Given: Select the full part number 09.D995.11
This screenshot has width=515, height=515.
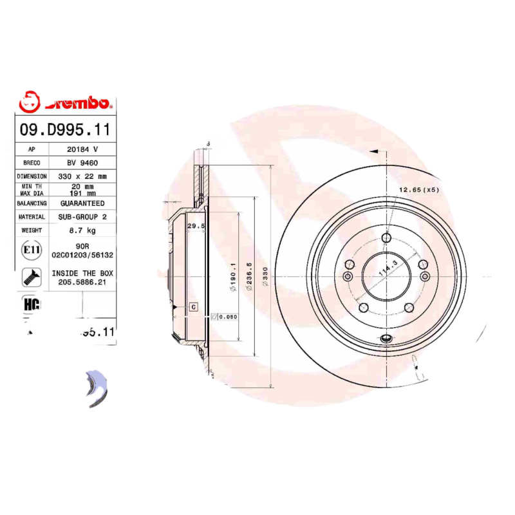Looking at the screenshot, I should [65, 129].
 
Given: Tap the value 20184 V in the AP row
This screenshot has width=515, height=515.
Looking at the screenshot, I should [82, 149].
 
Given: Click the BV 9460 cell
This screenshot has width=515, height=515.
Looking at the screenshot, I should [82, 162].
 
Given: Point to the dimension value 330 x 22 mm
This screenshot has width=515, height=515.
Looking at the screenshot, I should [82, 176].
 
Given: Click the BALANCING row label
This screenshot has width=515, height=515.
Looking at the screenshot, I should [32, 203].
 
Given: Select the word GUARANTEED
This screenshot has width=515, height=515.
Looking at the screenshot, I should [82, 203].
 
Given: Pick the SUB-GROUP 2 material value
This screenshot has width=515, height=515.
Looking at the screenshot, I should [82, 217].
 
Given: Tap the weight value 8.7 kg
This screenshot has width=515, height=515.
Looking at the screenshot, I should [82, 230].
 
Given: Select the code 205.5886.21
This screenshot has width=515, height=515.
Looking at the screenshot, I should [82, 282].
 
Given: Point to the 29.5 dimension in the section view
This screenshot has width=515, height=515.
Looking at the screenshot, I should [195, 226].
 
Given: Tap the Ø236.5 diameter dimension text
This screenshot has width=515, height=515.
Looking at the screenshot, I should [250, 277].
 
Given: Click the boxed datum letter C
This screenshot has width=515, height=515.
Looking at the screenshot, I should [192, 308].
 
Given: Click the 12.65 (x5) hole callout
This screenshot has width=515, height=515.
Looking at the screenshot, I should [418, 190].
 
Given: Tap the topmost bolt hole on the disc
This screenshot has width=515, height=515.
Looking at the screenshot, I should [386, 239].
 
